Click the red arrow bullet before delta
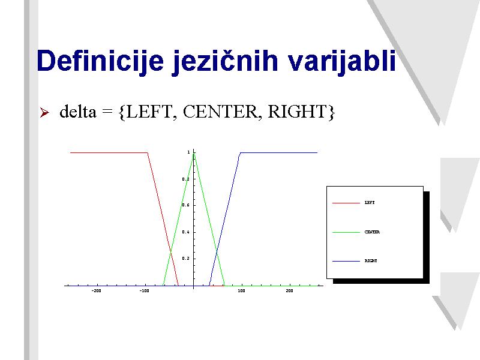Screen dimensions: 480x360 [44, 112]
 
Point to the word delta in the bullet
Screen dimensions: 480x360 [78, 111]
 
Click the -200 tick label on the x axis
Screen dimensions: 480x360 [96, 291]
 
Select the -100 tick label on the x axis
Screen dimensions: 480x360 [144, 291]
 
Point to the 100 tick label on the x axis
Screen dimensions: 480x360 [242, 291]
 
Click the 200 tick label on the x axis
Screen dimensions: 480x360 [289, 291]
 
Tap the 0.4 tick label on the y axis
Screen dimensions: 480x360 [185, 232]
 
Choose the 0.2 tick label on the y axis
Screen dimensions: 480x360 [185, 259]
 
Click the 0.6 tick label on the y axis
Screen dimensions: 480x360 [185, 205]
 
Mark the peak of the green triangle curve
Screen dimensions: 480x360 [194, 154]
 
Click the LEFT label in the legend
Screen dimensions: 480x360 [370, 203]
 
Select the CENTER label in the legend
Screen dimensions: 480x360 [372, 232]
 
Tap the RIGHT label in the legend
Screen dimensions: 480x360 [371, 261]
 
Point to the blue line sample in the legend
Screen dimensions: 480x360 [346, 261]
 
